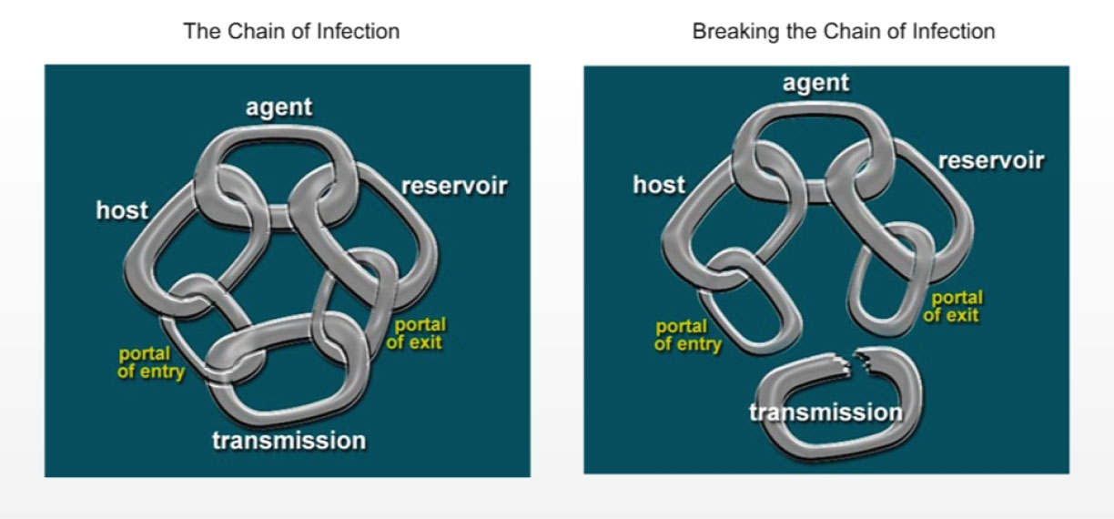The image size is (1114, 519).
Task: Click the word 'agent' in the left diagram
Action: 278,107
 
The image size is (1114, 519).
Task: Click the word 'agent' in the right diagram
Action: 815,83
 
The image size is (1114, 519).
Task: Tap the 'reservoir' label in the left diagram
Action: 453,187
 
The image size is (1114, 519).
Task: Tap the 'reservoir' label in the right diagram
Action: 990,161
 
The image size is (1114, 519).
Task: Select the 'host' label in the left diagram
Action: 122,211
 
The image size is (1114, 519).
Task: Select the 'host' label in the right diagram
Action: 659,186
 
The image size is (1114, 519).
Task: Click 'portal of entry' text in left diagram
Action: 151,362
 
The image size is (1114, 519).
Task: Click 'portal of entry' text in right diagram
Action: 688,335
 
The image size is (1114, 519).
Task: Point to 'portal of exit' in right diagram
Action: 953,307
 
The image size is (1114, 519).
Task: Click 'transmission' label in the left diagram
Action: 289,442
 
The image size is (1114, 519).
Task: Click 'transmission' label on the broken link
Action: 825,412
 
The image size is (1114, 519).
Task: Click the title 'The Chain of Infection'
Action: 291,31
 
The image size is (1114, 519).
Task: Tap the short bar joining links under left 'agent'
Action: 278,217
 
